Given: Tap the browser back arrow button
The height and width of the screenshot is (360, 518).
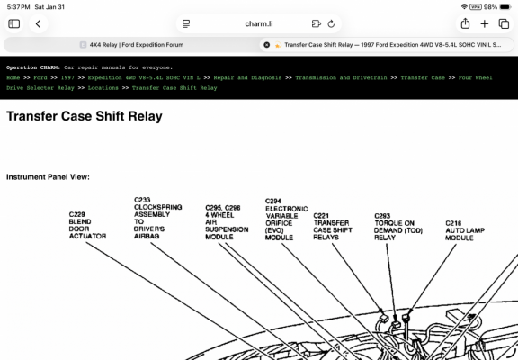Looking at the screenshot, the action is tap(39, 23).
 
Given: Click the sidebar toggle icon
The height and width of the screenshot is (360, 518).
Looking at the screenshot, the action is tap(13, 23).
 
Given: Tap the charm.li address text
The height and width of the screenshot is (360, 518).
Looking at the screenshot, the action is tap(259, 23).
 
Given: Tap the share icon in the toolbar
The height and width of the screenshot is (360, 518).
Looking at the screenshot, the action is tap(465, 23).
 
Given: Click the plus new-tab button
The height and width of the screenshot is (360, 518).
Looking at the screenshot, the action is tap(485, 23).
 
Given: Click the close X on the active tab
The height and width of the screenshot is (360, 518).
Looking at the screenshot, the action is tap(266, 45).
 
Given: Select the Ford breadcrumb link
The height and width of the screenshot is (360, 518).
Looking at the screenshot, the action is tap(40, 77).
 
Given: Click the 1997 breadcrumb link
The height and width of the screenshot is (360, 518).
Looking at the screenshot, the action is tap(67, 77).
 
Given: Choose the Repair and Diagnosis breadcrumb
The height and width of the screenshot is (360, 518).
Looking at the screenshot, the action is tap(247, 77).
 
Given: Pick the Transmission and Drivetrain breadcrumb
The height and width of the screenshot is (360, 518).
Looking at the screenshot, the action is tap(341, 77).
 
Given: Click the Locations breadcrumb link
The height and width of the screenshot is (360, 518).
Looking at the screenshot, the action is tap(103, 88).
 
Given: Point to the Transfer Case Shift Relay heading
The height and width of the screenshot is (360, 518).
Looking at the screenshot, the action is tap(85, 116).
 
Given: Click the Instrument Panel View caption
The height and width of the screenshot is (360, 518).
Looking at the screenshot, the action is tap(48, 177).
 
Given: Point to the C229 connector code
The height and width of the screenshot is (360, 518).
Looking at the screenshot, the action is tap(77, 214).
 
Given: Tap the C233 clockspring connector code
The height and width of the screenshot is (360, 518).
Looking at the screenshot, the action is tap(142, 200).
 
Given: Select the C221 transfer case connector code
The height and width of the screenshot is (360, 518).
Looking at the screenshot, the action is tap(321, 215).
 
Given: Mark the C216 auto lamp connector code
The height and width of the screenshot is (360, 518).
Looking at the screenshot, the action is tap(453, 223).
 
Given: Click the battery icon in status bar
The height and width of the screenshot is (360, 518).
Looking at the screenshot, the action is tap(505, 7).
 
